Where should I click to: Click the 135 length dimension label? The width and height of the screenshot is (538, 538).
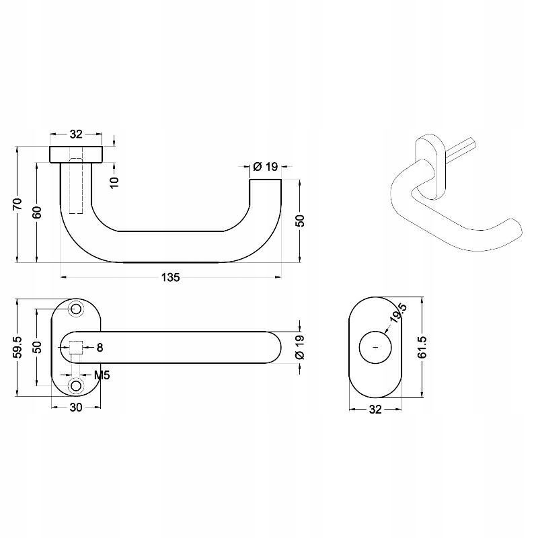tap(171, 277)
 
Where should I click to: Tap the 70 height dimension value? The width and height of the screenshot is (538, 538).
tap(18, 204)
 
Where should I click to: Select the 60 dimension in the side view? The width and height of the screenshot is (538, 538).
tap(37, 213)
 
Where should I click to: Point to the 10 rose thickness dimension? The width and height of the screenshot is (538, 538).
tap(114, 182)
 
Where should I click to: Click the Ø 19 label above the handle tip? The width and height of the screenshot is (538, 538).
tap(265, 167)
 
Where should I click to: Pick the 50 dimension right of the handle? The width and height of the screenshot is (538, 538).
tap(299, 221)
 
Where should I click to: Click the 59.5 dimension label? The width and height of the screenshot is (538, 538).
tap(18, 347)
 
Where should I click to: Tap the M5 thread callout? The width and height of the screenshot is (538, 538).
tap(102, 375)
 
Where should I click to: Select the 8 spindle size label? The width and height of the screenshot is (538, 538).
tap(100, 348)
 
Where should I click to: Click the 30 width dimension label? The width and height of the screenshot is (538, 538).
tap(76, 408)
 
